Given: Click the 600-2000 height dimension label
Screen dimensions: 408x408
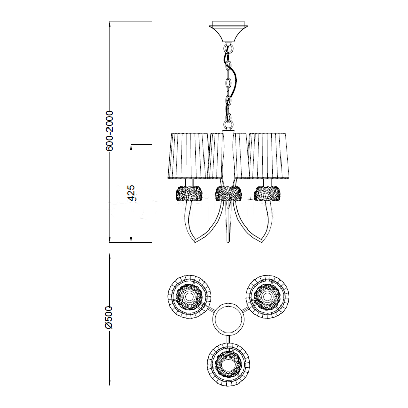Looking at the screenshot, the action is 110,131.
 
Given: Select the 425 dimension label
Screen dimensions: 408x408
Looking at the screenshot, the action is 132,193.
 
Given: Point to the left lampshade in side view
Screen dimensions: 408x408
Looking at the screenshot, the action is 188,156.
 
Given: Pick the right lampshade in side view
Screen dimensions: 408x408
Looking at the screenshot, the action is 269,156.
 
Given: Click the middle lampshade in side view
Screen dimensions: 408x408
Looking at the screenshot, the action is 228,156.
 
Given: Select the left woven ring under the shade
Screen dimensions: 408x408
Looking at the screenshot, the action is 189,194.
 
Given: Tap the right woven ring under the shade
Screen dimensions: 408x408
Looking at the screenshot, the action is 267,194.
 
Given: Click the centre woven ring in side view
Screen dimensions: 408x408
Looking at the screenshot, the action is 228,194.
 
